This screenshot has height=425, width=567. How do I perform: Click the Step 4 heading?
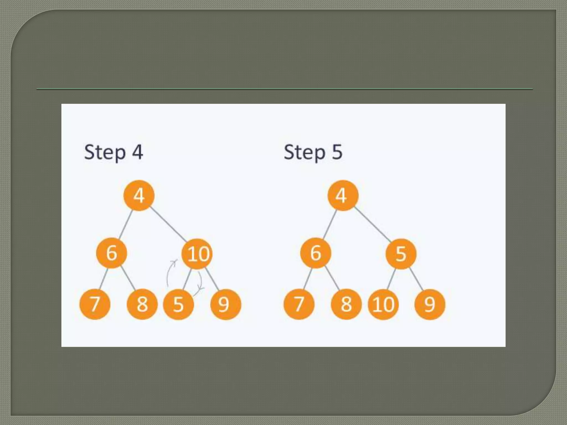pyautogui.click(x=113, y=152)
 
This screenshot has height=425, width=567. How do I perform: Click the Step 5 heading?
pyautogui.click(x=313, y=152)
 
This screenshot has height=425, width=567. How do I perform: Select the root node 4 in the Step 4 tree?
pyautogui.click(x=139, y=196)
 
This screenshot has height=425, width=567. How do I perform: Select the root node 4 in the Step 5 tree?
pyautogui.click(x=343, y=196)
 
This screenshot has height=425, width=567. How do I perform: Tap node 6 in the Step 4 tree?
pyautogui.click(x=112, y=253)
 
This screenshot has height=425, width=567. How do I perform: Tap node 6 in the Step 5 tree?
pyautogui.click(x=316, y=253)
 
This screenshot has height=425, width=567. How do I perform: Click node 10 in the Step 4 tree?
pyautogui.click(x=197, y=254)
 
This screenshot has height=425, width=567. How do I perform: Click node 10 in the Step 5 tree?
pyautogui.click(x=383, y=304)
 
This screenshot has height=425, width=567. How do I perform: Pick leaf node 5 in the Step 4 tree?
pyautogui.click(x=178, y=304)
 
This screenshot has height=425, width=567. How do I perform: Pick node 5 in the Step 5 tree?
pyautogui.click(x=401, y=254)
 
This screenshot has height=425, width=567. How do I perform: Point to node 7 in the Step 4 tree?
pyautogui.click(x=95, y=304)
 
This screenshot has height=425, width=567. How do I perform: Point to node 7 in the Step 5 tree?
pyautogui.click(x=299, y=304)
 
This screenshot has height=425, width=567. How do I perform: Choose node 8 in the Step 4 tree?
pyautogui.click(x=142, y=304)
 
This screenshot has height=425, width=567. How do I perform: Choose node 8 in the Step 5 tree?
pyautogui.click(x=346, y=304)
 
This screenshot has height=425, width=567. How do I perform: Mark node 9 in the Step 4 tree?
pyautogui.click(x=225, y=304)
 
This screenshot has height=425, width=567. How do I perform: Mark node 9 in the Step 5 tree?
pyautogui.click(x=430, y=304)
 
